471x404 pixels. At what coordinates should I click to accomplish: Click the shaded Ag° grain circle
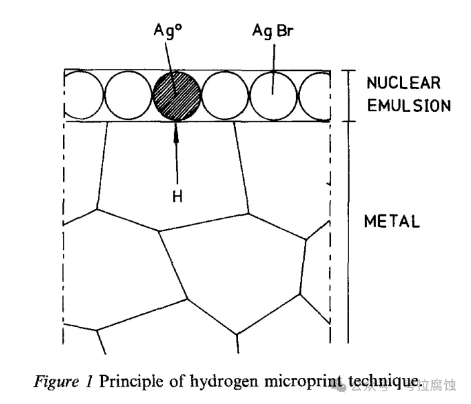tap(177, 95)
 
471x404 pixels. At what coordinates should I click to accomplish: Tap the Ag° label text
tap(167, 30)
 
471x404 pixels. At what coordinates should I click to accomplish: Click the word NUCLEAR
tap(403, 84)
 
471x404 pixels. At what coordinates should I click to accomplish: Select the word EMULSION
tap(408, 106)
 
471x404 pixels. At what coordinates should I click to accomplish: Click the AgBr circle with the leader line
tap(273, 95)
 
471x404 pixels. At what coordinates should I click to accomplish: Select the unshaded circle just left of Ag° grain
tap(129, 95)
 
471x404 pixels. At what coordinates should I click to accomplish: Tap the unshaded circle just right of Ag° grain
tap(225, 95)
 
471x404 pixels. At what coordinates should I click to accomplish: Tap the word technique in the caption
tap(383, 383)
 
